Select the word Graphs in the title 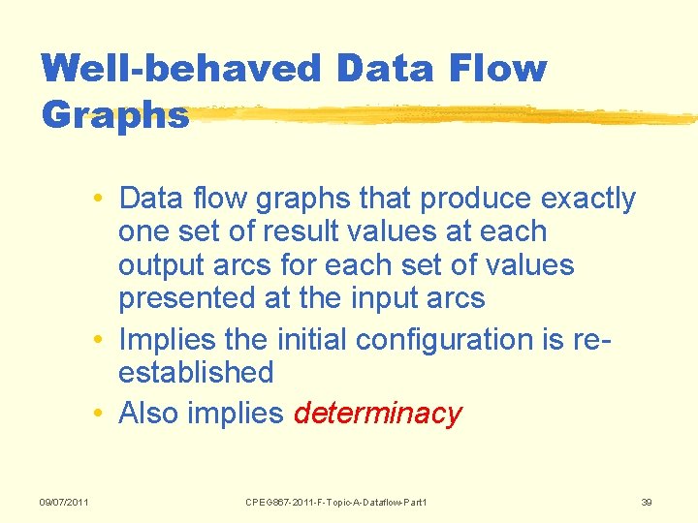coord(114,115)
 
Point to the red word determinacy coord(378,415)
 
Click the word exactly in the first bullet coord(588,200)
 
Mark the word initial coord(315,340)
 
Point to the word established coord(196,373)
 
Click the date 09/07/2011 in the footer coord(64,502)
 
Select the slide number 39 coord(648,502)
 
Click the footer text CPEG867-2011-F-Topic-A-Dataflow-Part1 coord(335,502)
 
